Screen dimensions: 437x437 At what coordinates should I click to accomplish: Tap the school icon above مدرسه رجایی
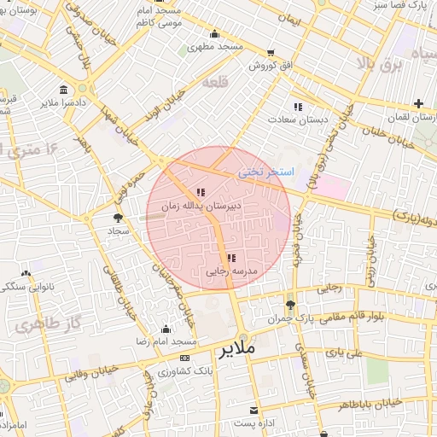pyautogui.click(x=230, y=259)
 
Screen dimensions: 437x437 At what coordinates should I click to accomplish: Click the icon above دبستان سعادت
pyautogui.click(x=298, y=107)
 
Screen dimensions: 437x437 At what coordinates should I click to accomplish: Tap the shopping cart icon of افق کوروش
pyautogui.click(x=271, y=52)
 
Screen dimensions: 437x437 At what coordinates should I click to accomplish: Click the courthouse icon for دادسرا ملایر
pyautogui.click(x=65, y=90)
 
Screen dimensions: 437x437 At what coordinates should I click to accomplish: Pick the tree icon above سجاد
pyautogui.click(x=117, y=218)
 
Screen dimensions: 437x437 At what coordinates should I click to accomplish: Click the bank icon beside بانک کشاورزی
pyautogui.click(x=185, y=358)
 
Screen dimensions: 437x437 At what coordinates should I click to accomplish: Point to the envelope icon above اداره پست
pyautogui.click(x=253, y=411)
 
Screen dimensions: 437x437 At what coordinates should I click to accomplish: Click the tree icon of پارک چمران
pyautogui.click(x=291, y=305)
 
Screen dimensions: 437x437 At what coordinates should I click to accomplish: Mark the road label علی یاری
pyautogui.click(x=349, y=352)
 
